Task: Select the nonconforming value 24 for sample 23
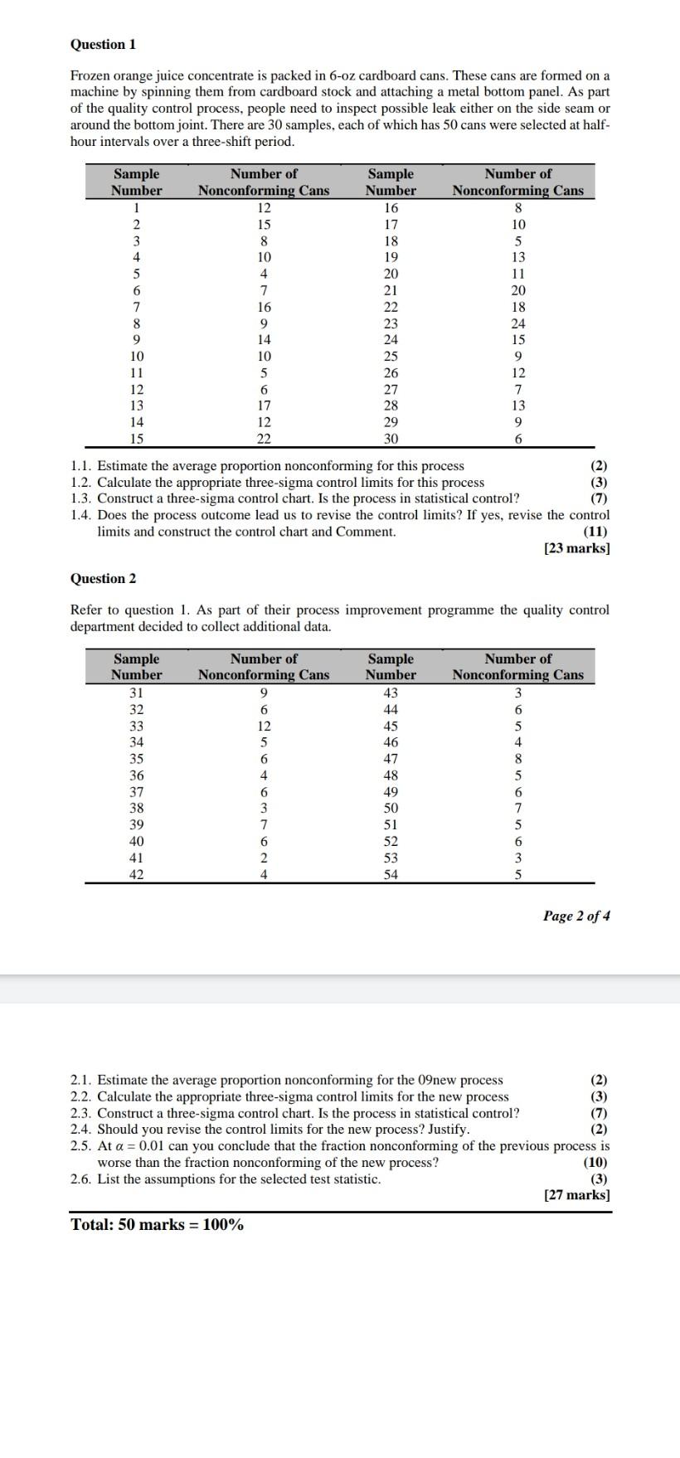point(518,323)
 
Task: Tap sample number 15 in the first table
point(137,439)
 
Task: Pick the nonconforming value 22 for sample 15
point(264,439)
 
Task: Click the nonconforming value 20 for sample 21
point(518,290)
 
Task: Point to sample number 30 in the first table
point(391,439)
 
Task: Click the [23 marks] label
point(576,548)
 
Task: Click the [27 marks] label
point(576,1195)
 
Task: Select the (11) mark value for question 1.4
point(595,532)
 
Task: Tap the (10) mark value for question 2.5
point(595,1162)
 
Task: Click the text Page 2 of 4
point(576,916)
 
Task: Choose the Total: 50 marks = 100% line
point(158,1225)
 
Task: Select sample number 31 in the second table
point(137,693)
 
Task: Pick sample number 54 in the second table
point(391,874)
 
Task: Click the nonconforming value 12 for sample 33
point(264,726)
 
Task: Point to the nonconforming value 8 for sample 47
point(518,758)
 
